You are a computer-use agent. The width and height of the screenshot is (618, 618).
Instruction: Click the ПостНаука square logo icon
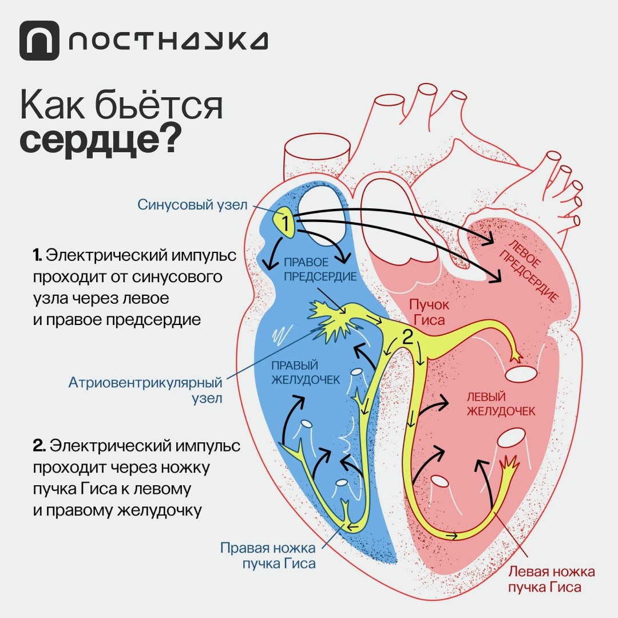(39, 41)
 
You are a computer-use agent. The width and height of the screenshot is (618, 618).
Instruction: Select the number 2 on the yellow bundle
(407, 337)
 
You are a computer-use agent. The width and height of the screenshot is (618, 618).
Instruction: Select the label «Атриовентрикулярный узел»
(145, 390)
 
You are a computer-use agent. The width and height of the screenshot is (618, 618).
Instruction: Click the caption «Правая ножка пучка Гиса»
(268, 555)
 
